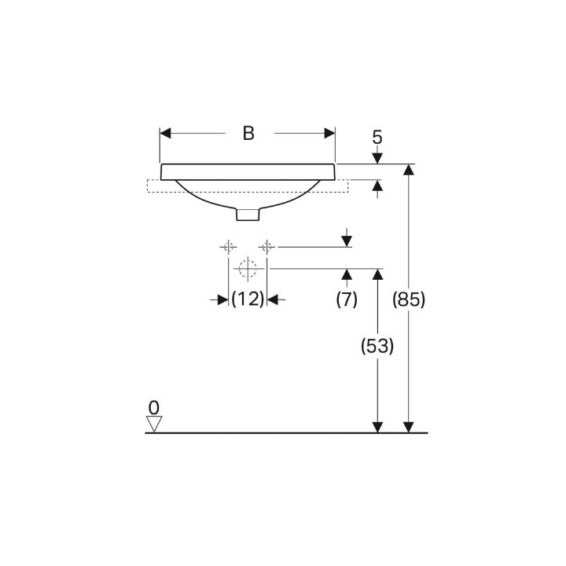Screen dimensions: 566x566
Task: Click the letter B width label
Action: (x=248, y=133)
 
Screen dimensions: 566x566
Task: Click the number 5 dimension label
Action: (x=377, y=137)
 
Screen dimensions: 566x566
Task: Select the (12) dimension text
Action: (x=248, y=300)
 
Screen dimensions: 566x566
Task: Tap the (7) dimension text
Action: (x=347, y=300)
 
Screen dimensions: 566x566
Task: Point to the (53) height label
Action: (x=377, y=346)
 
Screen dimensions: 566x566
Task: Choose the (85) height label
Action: (x=409, y=300)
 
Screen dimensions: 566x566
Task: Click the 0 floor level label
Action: (x=154, y=408)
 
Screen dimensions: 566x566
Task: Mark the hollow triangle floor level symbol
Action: (x=154, y=424)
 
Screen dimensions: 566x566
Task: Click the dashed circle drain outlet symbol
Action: (x=248, y=269)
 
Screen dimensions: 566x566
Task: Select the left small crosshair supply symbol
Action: (x=228, y=247)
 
